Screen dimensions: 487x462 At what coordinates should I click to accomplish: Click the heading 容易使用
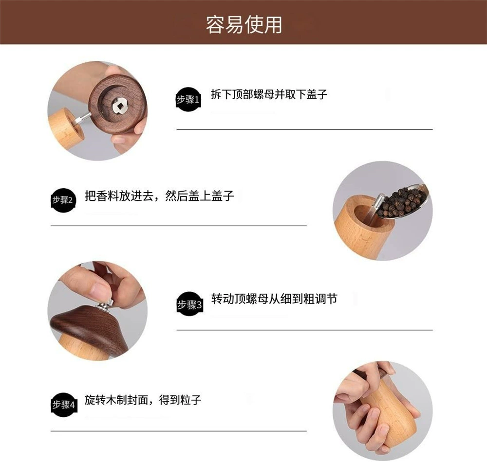[x=244, y=24]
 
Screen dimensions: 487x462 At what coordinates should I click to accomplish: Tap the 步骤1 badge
[x=188, y=99]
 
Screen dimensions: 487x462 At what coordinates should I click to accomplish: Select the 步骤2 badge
[x=63, y=200]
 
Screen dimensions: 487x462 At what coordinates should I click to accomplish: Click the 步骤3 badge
[x=189, y=304]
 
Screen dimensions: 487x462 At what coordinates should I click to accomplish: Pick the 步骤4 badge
[x=64, y=405]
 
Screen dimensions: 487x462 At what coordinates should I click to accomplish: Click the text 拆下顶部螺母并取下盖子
[x=269, y=94]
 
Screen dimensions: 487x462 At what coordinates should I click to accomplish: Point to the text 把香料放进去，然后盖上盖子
[x=159, y=195]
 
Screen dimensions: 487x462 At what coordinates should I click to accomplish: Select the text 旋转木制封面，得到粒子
[x=143, y=400]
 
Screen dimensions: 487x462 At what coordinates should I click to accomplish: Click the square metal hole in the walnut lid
[x=119, y=106]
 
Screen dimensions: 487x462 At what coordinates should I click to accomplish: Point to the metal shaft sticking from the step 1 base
[x=82, y=119]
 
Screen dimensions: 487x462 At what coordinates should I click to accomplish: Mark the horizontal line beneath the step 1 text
[x=305, y=129]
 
